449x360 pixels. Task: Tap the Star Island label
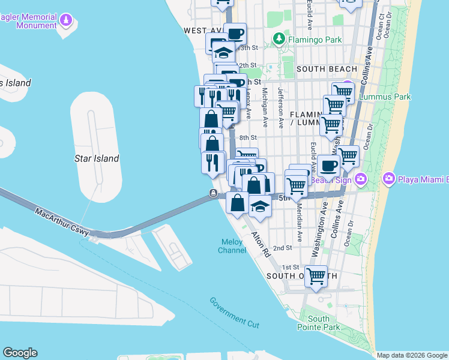[x=97, y=158]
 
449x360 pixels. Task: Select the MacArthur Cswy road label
[x=62, y=223]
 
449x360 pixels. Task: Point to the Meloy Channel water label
[x=232, y=246]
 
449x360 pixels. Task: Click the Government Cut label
[x=234, y=312]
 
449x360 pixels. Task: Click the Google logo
[x=20, y=353]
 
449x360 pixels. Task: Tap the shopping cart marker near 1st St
[x=316, y=277]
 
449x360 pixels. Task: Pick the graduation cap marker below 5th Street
[x=260, y=206]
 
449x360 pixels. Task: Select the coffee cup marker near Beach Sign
[x=328, y=165]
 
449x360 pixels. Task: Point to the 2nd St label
[x=282, y=247]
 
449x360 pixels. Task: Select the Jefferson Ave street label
[x=280, y=107]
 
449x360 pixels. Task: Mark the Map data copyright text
[x=412, y=355]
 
